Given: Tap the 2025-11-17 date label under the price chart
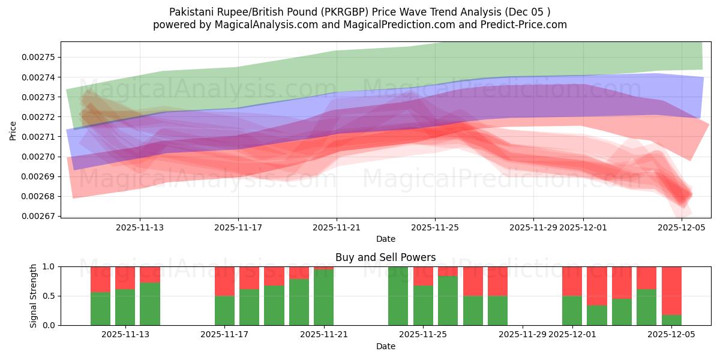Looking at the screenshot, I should pyautogui.click(x=238, y=228).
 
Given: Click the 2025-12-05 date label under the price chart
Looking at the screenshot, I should pyautogui.click(x=682, y=228).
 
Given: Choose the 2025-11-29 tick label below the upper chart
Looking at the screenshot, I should pyautogui.click(x=533, y=228).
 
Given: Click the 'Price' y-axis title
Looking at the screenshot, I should pyautogui.click(x=13, y=130).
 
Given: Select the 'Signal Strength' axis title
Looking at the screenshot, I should pyautogui.click(x=34, y=296).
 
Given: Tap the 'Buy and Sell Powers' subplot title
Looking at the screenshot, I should pyautogui.click(x=385, y=257).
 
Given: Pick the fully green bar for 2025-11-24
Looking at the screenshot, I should pyautogui.click(x=398, y=296).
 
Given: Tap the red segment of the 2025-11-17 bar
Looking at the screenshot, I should pyautogui.click(x=224, y=281).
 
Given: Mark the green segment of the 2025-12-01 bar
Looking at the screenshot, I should pyautogui.click(x=572, y=310).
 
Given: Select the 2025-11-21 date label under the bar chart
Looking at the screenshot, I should pyautogui.click(x=324, y=335).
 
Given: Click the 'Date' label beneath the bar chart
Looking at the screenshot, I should pyautogui.click(x=385, y=346).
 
